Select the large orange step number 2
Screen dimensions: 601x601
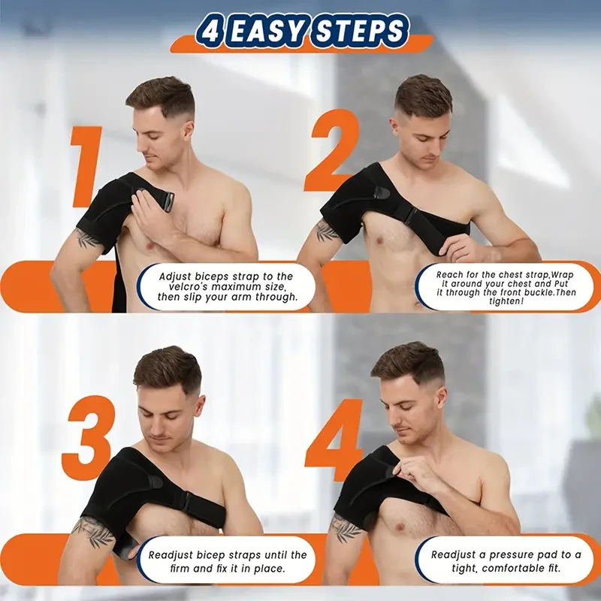click(x=331, y=150)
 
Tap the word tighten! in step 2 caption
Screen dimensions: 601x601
click(x=494, y=302)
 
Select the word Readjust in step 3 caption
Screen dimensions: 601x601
click(x=173, y=554)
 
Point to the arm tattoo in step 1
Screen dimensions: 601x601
click(x=88, y=239)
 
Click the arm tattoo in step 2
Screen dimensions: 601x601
click(x=327, y=230)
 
